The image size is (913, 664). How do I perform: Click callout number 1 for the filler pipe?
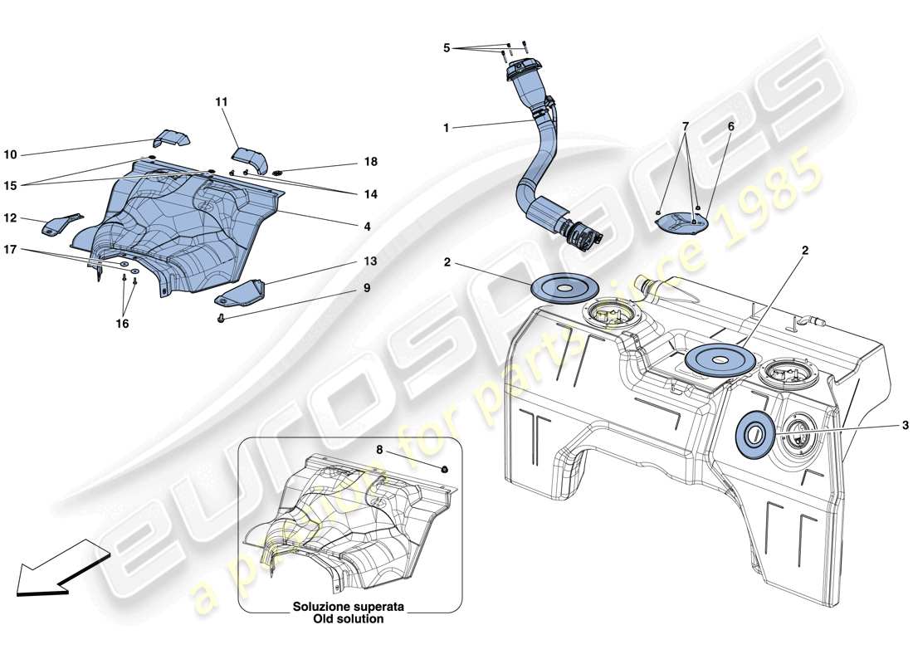[446, 128]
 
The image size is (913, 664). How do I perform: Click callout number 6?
[730, 126]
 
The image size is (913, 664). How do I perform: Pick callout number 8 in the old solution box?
[379, 450]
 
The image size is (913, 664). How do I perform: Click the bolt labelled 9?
[222, 317]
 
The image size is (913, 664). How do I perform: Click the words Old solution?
[348, 619]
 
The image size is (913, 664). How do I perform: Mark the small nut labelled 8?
[446, 470]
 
